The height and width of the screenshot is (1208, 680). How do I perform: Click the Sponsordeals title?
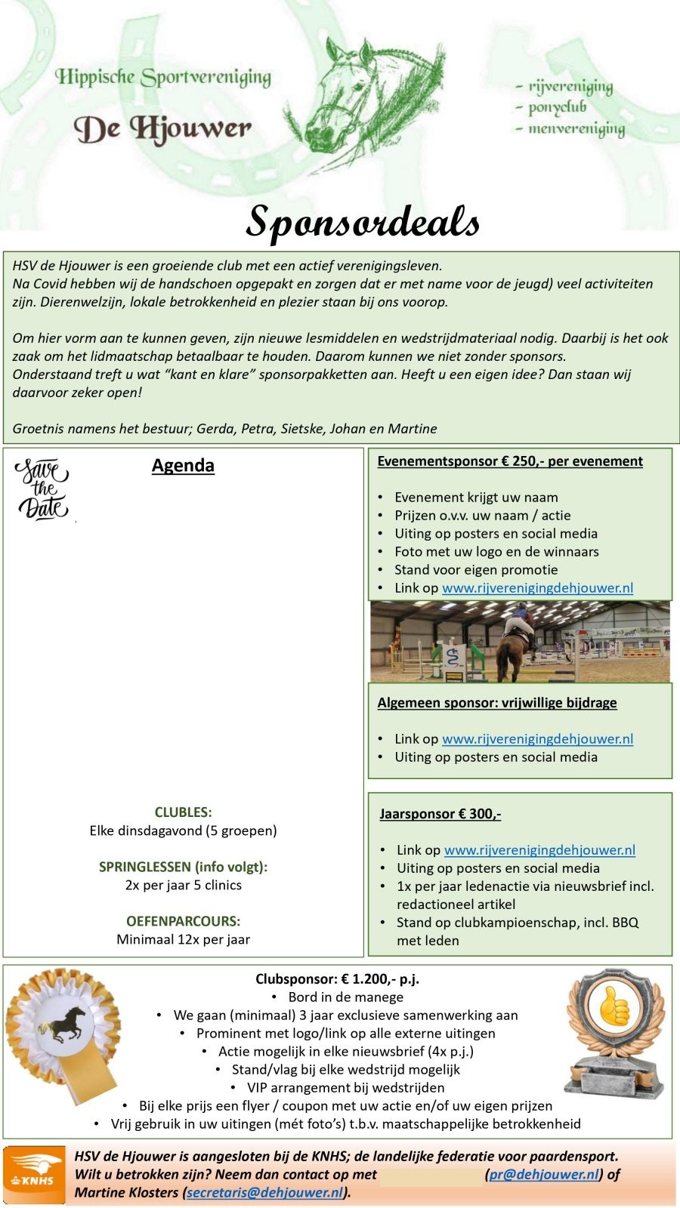click(363, 221)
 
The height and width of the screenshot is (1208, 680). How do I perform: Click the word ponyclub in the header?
click(558, 107)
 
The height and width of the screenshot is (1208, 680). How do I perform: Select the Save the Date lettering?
click(42, 489)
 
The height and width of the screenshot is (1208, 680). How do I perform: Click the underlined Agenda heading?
click(183, 465)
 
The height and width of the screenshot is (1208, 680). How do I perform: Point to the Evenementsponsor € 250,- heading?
click(510, 461)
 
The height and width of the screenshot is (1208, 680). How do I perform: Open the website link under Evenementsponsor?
click(537, 588)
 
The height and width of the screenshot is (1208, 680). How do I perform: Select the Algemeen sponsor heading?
click(497, 703)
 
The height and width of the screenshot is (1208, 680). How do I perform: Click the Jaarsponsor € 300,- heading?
click(440, 814)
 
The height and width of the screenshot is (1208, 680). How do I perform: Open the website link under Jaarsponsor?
click(539, 850)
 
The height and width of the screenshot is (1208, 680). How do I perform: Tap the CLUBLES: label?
click(183, 812)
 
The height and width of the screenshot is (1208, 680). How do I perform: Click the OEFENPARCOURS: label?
click(183, 921)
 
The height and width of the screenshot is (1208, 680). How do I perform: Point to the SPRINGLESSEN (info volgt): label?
click(183, 867)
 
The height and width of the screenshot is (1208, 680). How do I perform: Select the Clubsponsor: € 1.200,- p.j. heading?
click(337, 979)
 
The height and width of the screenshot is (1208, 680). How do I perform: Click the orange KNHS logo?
click(33, 1175)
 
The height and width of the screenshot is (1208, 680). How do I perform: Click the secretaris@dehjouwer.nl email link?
click(264, 1193)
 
